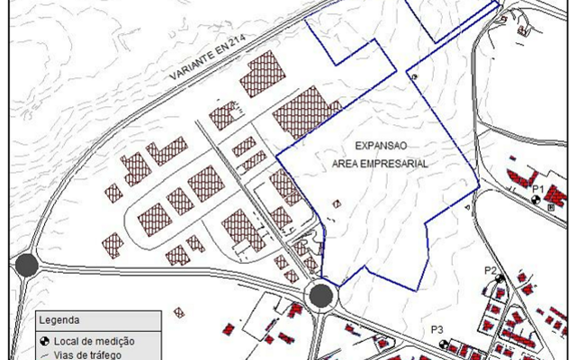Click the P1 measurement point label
click(x=538, y=188)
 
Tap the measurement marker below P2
click(x=499, y=280)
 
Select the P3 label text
click(x=438, y=330)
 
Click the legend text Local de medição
click(x=94, y=340)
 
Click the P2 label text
click(x=491, y=269)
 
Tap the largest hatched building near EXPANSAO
click(x=307, y=112)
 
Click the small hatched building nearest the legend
click(x=179, y=312)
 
